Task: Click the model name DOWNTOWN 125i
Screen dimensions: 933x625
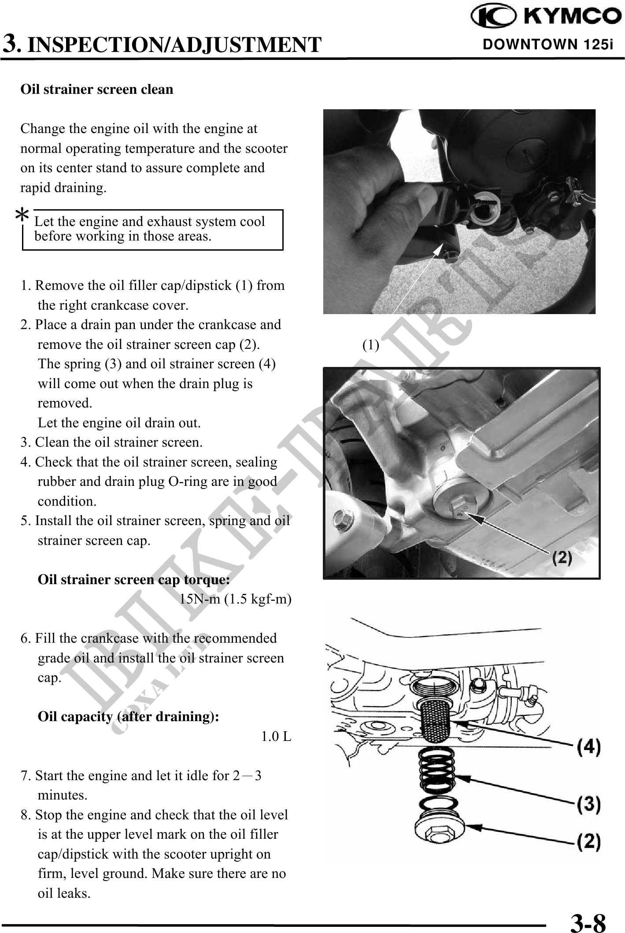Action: pos(548,44)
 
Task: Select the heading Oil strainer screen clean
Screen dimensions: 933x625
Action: pos(97,89)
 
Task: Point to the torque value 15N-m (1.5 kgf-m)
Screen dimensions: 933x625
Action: pos(235,599)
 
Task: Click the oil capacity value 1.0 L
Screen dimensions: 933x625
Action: pos(276,737)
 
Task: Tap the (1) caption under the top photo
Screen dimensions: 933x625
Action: pos(370,345)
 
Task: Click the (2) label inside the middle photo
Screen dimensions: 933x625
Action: pos(562,558)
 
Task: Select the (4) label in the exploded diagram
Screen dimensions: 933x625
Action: pos(589,748)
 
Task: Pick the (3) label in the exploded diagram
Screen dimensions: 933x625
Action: pos(589,804)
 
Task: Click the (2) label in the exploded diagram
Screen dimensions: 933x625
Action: pos(589,842)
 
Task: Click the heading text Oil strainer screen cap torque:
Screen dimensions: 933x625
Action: pos(134,580)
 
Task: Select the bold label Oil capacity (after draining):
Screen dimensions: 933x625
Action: pos(128,717)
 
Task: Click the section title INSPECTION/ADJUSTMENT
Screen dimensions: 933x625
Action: pos(174,45)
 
